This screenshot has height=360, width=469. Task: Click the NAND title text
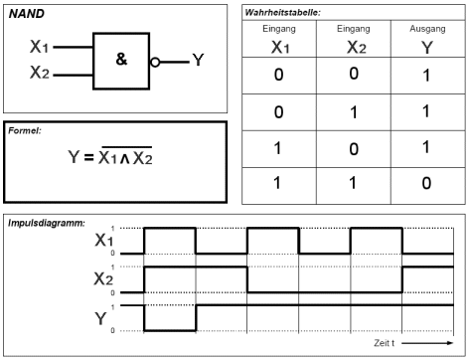pos(26,14)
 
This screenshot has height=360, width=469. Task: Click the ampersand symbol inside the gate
pos(121,59)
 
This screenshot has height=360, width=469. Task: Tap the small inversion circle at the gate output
pos(155,62)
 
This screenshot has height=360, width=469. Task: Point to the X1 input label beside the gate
pos(39,46)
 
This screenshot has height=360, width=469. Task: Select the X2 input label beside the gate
pos(40,72)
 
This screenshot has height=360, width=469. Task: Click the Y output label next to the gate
pos(198,60)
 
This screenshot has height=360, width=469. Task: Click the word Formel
pos(25,130)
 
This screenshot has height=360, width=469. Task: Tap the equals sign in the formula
pos(88,157)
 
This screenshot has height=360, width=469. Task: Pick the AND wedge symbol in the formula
pos(124,159)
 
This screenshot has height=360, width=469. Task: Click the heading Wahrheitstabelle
pos(282,13)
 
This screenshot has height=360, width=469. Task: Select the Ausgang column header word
pos(427,29)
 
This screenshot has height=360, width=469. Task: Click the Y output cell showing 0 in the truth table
pos(426,183)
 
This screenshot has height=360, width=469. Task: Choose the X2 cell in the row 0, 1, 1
pos(354,112)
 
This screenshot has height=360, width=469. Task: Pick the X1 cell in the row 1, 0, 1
pos(277,148)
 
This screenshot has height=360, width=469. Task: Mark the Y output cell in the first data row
pos(426,76)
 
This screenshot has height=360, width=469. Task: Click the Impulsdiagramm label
pos(47,223)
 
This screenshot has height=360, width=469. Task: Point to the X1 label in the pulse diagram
pos(103,240)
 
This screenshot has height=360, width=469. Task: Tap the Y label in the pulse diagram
pos(100,318)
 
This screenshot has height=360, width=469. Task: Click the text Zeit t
pos(384,343)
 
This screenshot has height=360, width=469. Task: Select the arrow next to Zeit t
pos(427,343)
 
